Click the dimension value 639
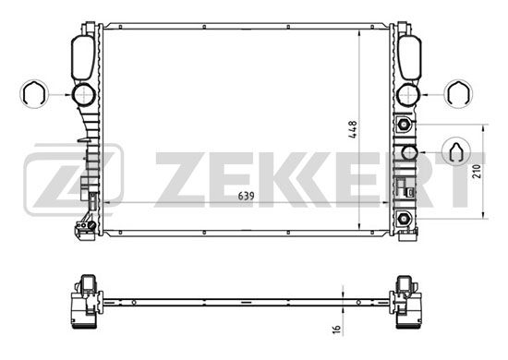tap(247, 196)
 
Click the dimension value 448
tap(353, 129)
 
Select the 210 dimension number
tap(477, 172)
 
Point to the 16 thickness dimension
tap(337, 328)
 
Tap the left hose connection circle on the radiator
tap(83, 94)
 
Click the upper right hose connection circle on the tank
tap(408, 94)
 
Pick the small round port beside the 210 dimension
tap(409, 152)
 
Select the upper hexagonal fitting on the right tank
tap(404, 124)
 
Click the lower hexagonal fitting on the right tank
tap(404, 219)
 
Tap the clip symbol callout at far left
tap(33, 94)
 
